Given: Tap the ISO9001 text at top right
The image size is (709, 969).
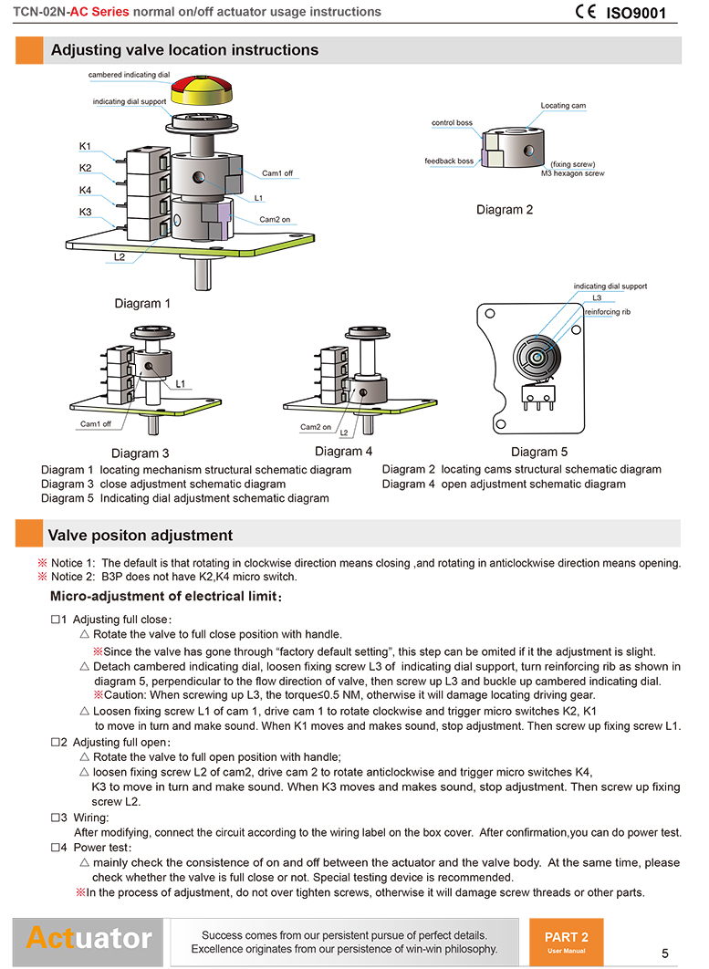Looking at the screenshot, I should [636, 14].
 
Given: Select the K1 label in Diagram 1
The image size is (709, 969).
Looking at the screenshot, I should [85, 146].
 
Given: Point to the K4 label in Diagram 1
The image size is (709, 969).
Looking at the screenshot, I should [85, 191].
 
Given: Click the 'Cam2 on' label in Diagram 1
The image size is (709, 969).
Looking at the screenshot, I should [275, 220].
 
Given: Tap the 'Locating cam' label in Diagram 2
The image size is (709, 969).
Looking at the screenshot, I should [563, 106].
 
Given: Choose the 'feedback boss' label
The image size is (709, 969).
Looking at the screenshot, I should [449, 161].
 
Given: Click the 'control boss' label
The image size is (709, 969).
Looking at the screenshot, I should [452, 122].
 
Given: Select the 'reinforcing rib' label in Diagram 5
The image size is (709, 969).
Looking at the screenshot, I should [607, 311].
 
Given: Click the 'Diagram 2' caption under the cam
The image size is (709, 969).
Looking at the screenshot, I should [505, 210].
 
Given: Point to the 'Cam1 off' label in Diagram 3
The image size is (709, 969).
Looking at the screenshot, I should [96, 423].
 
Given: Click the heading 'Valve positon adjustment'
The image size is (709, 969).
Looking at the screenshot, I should [141, 536].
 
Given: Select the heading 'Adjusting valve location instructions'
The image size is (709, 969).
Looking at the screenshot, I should [184, 50].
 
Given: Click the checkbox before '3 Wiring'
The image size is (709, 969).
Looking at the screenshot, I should [56, 818].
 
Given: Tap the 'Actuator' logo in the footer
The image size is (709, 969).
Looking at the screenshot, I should [89, 937].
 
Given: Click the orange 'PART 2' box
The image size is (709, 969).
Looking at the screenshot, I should [566, 939].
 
